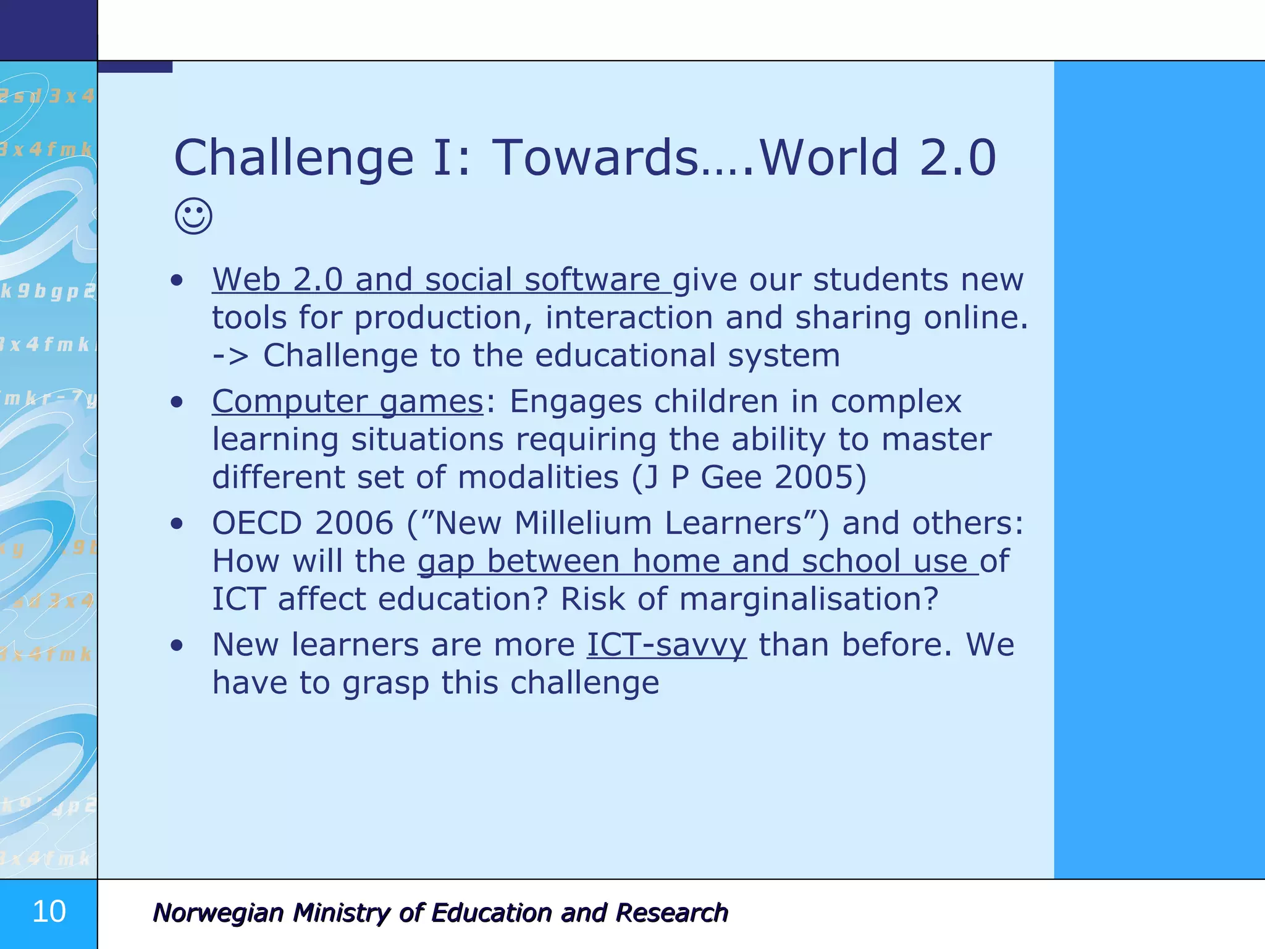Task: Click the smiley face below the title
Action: (193, 216)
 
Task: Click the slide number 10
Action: (49, 911)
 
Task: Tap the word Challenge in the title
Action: (293, 158)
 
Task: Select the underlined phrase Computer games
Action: (348, 402)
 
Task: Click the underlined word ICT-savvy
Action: (666, 645)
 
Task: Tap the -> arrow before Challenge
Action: (230, 356)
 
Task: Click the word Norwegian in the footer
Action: (217, 913)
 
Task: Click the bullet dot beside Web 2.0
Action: (177, 281)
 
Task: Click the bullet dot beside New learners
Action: (177, 646)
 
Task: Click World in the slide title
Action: (828, 158)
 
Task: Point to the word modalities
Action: (538, 478)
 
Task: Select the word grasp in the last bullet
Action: (385, 684)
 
